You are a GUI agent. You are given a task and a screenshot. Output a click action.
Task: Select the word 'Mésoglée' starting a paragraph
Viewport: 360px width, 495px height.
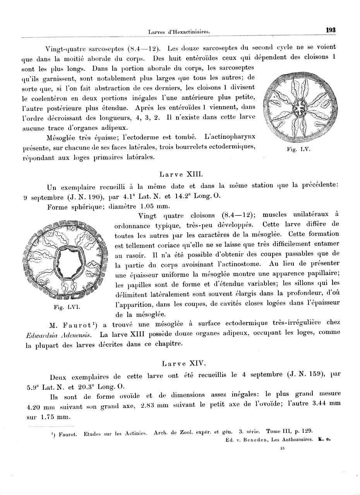point(62,137)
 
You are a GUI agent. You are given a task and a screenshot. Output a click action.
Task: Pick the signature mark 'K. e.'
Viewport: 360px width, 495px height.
point(324,439)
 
